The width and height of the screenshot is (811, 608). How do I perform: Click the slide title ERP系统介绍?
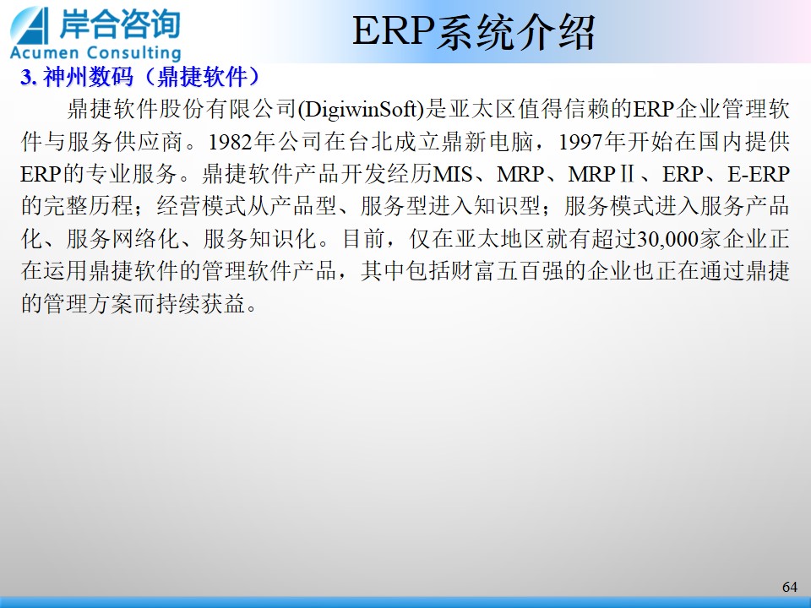(x=474, y=32)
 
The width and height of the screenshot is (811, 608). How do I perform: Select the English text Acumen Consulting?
(x=95, y=52)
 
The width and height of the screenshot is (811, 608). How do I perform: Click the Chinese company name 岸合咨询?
(x=119, y=24)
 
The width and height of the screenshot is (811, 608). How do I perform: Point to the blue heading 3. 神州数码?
(x=77, y=77)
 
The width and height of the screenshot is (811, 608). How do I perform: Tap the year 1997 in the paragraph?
(x=581, y=142)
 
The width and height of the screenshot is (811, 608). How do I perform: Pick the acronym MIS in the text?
(x=453, y=174)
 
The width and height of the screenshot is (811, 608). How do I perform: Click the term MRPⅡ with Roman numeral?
(x=601, y=174)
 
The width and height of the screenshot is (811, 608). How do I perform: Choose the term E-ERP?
(x=759, y=174)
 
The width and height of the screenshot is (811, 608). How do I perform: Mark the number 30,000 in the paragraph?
(x=667, y=239)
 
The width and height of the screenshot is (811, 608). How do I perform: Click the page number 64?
(x=790, y=587)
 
